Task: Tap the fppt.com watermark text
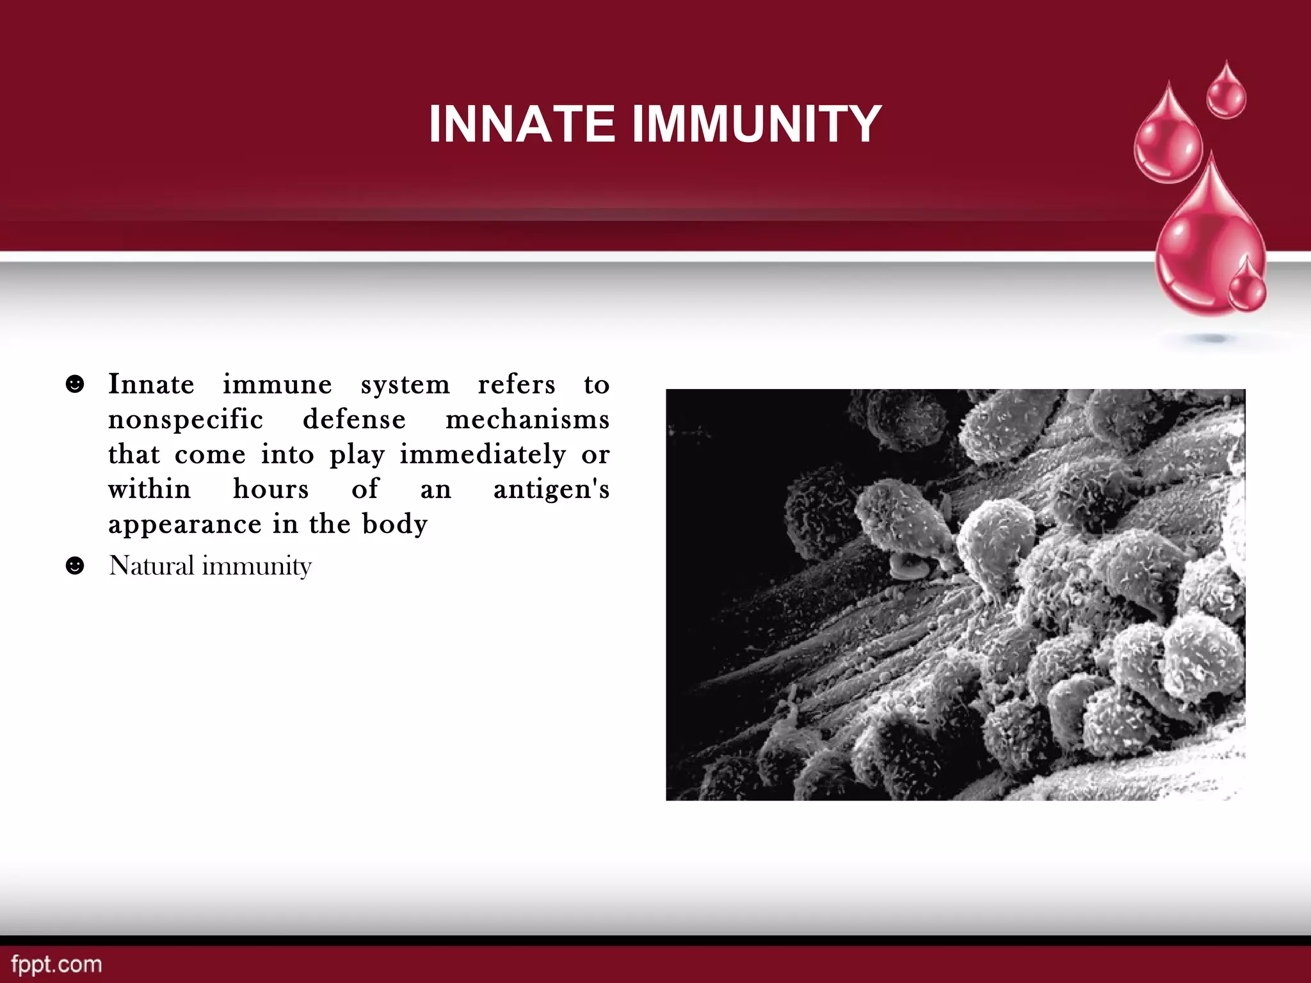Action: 56,964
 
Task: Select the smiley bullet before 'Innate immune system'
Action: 75,384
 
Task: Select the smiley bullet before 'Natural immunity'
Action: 75,566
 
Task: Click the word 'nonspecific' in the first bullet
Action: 186,420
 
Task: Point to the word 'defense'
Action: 354,420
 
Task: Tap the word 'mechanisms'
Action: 527,420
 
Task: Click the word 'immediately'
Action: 483,455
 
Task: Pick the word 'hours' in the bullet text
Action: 271,490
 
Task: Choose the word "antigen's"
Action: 551,490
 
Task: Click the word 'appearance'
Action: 185,525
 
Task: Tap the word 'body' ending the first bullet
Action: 394,525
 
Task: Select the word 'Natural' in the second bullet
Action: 151,566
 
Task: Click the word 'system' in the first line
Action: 405,385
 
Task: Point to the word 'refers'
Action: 517,385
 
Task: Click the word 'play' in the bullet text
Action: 357,455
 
